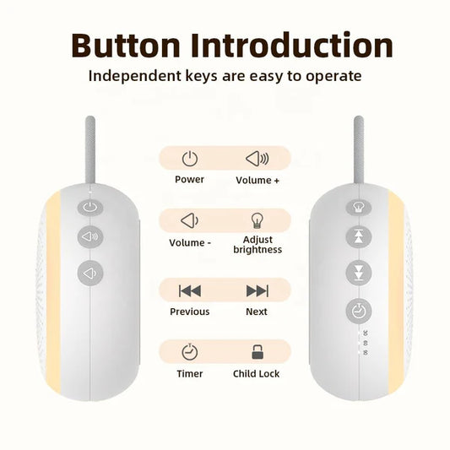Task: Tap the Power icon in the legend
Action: coord(190,158)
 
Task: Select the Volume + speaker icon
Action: coord(257,158)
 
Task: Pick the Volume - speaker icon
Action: coord(190,221)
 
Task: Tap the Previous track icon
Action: coord(190,290)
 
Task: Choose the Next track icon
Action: coord(257,290)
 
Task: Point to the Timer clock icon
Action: coord(190,352)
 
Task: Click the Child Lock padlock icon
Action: coord(257,352)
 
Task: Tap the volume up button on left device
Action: coord(89,237)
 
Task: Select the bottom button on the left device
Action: coord(89,273)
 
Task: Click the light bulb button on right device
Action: coord(358,206)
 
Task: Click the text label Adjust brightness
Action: coord(257,245)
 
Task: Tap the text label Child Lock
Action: coord(257,373)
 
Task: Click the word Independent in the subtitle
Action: coord(134,76)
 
